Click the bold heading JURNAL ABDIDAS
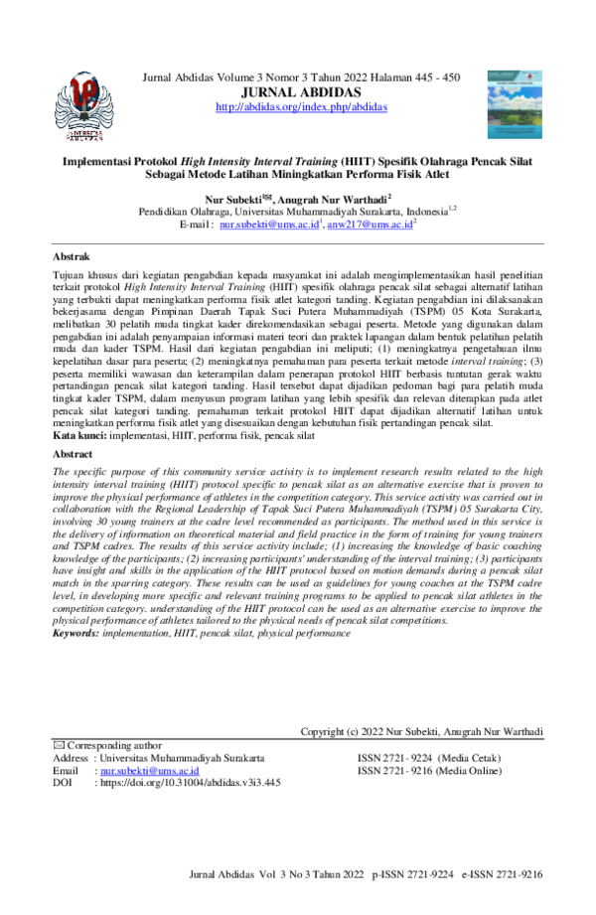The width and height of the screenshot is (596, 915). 301,92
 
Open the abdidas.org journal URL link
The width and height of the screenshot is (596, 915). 301,106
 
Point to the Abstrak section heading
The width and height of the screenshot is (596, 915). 71,255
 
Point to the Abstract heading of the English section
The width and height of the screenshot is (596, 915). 73,453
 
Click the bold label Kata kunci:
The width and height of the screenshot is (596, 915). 79,435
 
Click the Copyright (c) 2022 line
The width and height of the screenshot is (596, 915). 421,732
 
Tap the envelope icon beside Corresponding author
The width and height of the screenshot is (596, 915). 57,745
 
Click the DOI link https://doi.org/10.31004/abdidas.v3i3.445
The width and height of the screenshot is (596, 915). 187,782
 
